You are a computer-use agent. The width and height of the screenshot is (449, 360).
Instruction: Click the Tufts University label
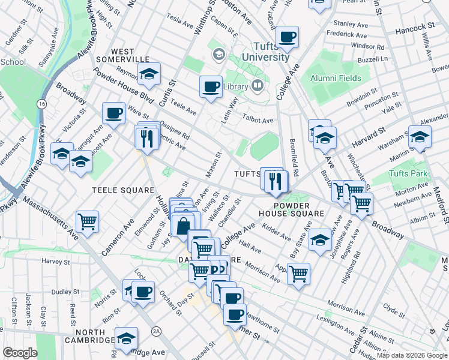(265, 52)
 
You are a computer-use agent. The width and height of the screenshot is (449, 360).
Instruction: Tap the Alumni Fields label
(336, 78)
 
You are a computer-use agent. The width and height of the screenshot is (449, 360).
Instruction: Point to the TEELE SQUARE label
(123, 190)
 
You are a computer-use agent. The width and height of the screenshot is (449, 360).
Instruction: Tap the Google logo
(20, 353)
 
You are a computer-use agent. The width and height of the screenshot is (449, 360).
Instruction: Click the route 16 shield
(41, 104)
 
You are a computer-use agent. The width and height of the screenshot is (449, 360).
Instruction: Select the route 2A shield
(157, 331)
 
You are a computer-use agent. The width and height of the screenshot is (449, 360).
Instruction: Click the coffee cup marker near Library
(211, 86)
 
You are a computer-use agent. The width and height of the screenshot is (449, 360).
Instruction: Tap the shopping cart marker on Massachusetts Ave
(88, 222)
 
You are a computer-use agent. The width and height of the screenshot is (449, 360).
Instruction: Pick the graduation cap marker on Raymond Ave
(149, 74)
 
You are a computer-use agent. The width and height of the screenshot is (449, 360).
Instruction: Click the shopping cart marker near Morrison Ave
(298, 274)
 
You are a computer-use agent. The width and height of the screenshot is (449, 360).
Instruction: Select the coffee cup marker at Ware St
(113, 112)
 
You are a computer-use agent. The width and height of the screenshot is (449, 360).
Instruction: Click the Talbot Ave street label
(259, 120)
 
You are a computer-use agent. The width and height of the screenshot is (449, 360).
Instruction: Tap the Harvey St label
(56, 261)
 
